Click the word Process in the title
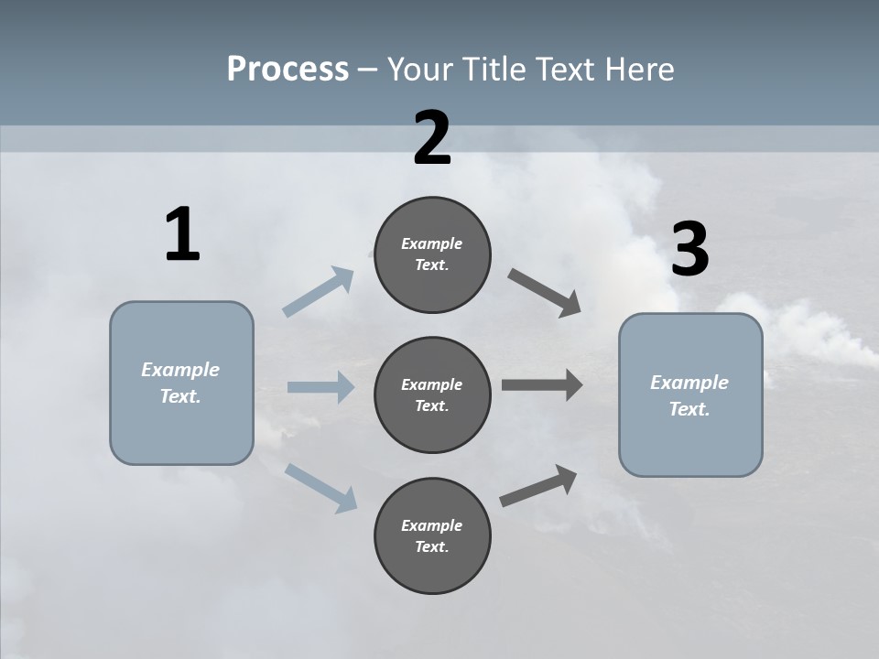288,69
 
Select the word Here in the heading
638,69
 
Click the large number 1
182,235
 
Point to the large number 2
432,138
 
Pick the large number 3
689,250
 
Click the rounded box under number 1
181,383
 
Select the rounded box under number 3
690,395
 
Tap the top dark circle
432,254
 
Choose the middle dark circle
432,395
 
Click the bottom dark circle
432,536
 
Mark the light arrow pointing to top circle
319,292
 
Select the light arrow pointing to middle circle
320,387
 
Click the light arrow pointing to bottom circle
320,487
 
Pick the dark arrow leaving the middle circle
542,385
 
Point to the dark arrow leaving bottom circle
538,486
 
